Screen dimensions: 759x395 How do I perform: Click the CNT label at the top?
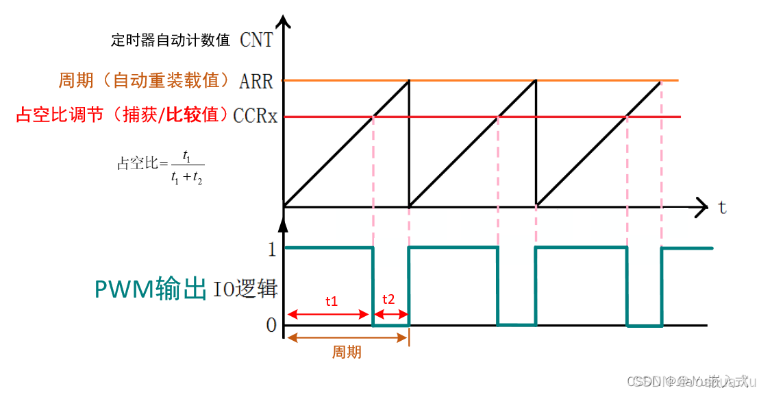[256, 40]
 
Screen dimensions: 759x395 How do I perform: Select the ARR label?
[256, 82]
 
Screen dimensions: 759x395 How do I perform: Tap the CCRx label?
[255, 116]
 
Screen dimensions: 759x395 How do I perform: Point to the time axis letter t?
[722, 207]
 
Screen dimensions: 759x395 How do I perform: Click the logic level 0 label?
[271, 326]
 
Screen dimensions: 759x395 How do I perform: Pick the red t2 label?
[388, 299]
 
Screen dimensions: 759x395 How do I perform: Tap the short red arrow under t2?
[390, 315]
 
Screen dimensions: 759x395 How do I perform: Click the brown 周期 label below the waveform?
[347, 352]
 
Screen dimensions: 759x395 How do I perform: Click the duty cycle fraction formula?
[162, 167]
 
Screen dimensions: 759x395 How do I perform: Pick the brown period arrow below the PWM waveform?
[347, 337]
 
